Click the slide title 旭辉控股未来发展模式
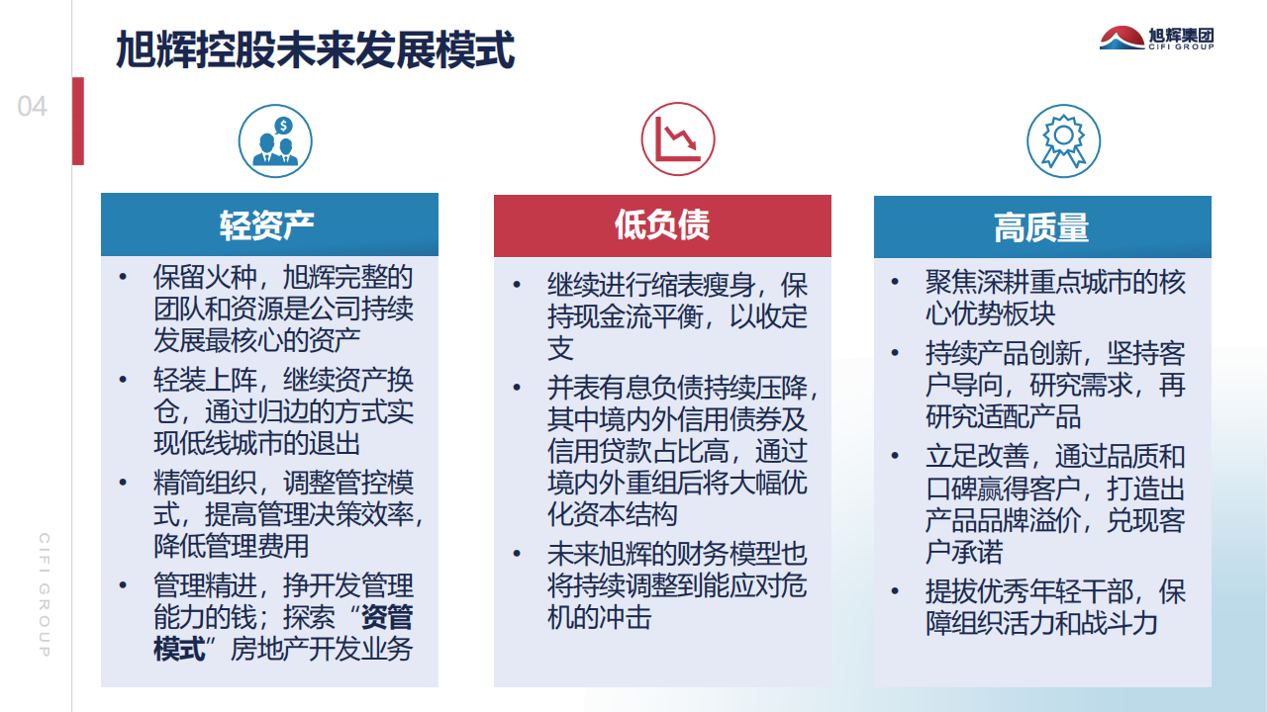click(x=315, y=49)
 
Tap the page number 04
click(x=33, y=106)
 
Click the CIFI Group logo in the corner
click(x=1157, y=39)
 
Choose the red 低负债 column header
click(x=662, y=225)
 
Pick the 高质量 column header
click(x=1042, y=226)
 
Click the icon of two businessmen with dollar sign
click(x=275, y=140)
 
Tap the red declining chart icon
click(x=678, y=139)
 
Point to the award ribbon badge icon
click(x=1063, y=140)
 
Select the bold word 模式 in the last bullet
click(x=179, y=649)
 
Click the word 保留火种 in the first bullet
click(x=205, y=277)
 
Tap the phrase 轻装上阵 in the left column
click(x=205, y=380)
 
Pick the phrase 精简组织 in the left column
click(x=205, y=483)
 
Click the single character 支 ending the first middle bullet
click(x=560, y=348)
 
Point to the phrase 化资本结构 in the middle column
click(x=612, y=514)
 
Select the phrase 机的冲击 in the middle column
click(x=599, y=617)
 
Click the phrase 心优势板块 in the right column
click(x=991, y=313)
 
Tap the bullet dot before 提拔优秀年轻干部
click(x=895, y=591)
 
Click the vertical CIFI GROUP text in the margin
click(x=45, y=594)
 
